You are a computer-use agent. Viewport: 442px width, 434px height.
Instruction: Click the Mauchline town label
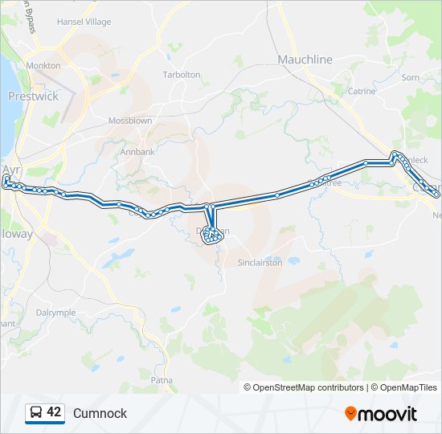(305, 59)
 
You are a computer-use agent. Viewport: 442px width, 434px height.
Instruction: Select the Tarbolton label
(182, 74)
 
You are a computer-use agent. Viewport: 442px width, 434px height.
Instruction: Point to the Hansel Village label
(84, 22)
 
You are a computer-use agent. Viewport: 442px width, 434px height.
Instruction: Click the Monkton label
(43, 65)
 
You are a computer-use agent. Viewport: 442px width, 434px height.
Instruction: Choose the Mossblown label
(130, 121)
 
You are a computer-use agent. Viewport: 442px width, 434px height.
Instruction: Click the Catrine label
(362, 91)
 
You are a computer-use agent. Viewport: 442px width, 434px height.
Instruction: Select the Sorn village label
(410, 77)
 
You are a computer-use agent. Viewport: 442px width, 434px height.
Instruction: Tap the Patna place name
(162, 379)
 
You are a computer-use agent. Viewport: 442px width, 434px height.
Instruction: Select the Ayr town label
(10, 170)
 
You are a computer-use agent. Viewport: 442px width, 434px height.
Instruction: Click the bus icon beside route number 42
(35, 413)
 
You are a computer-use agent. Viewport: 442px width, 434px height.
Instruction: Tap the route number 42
(54, 412)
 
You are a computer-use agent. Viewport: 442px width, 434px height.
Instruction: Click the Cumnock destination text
(100, 413)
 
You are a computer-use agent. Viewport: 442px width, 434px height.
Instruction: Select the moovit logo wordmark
(389, 414)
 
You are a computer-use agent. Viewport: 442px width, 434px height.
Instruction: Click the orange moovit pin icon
(351, 414)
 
